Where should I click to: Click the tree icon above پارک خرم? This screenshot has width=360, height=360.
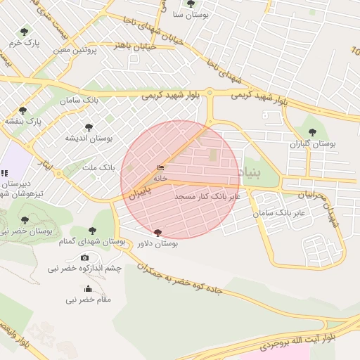25,32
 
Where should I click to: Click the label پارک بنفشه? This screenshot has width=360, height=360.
23,122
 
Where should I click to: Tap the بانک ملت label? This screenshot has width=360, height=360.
98,168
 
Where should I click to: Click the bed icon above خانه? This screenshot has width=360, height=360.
161,168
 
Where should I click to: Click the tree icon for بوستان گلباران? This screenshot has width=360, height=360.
312,131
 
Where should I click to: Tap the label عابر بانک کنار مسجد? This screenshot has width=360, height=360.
207,196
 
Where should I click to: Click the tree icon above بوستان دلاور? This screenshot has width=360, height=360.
157,233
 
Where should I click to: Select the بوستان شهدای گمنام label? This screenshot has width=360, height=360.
92,241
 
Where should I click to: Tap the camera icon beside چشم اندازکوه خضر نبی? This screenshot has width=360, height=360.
85,258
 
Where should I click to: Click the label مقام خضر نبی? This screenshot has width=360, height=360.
89,300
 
